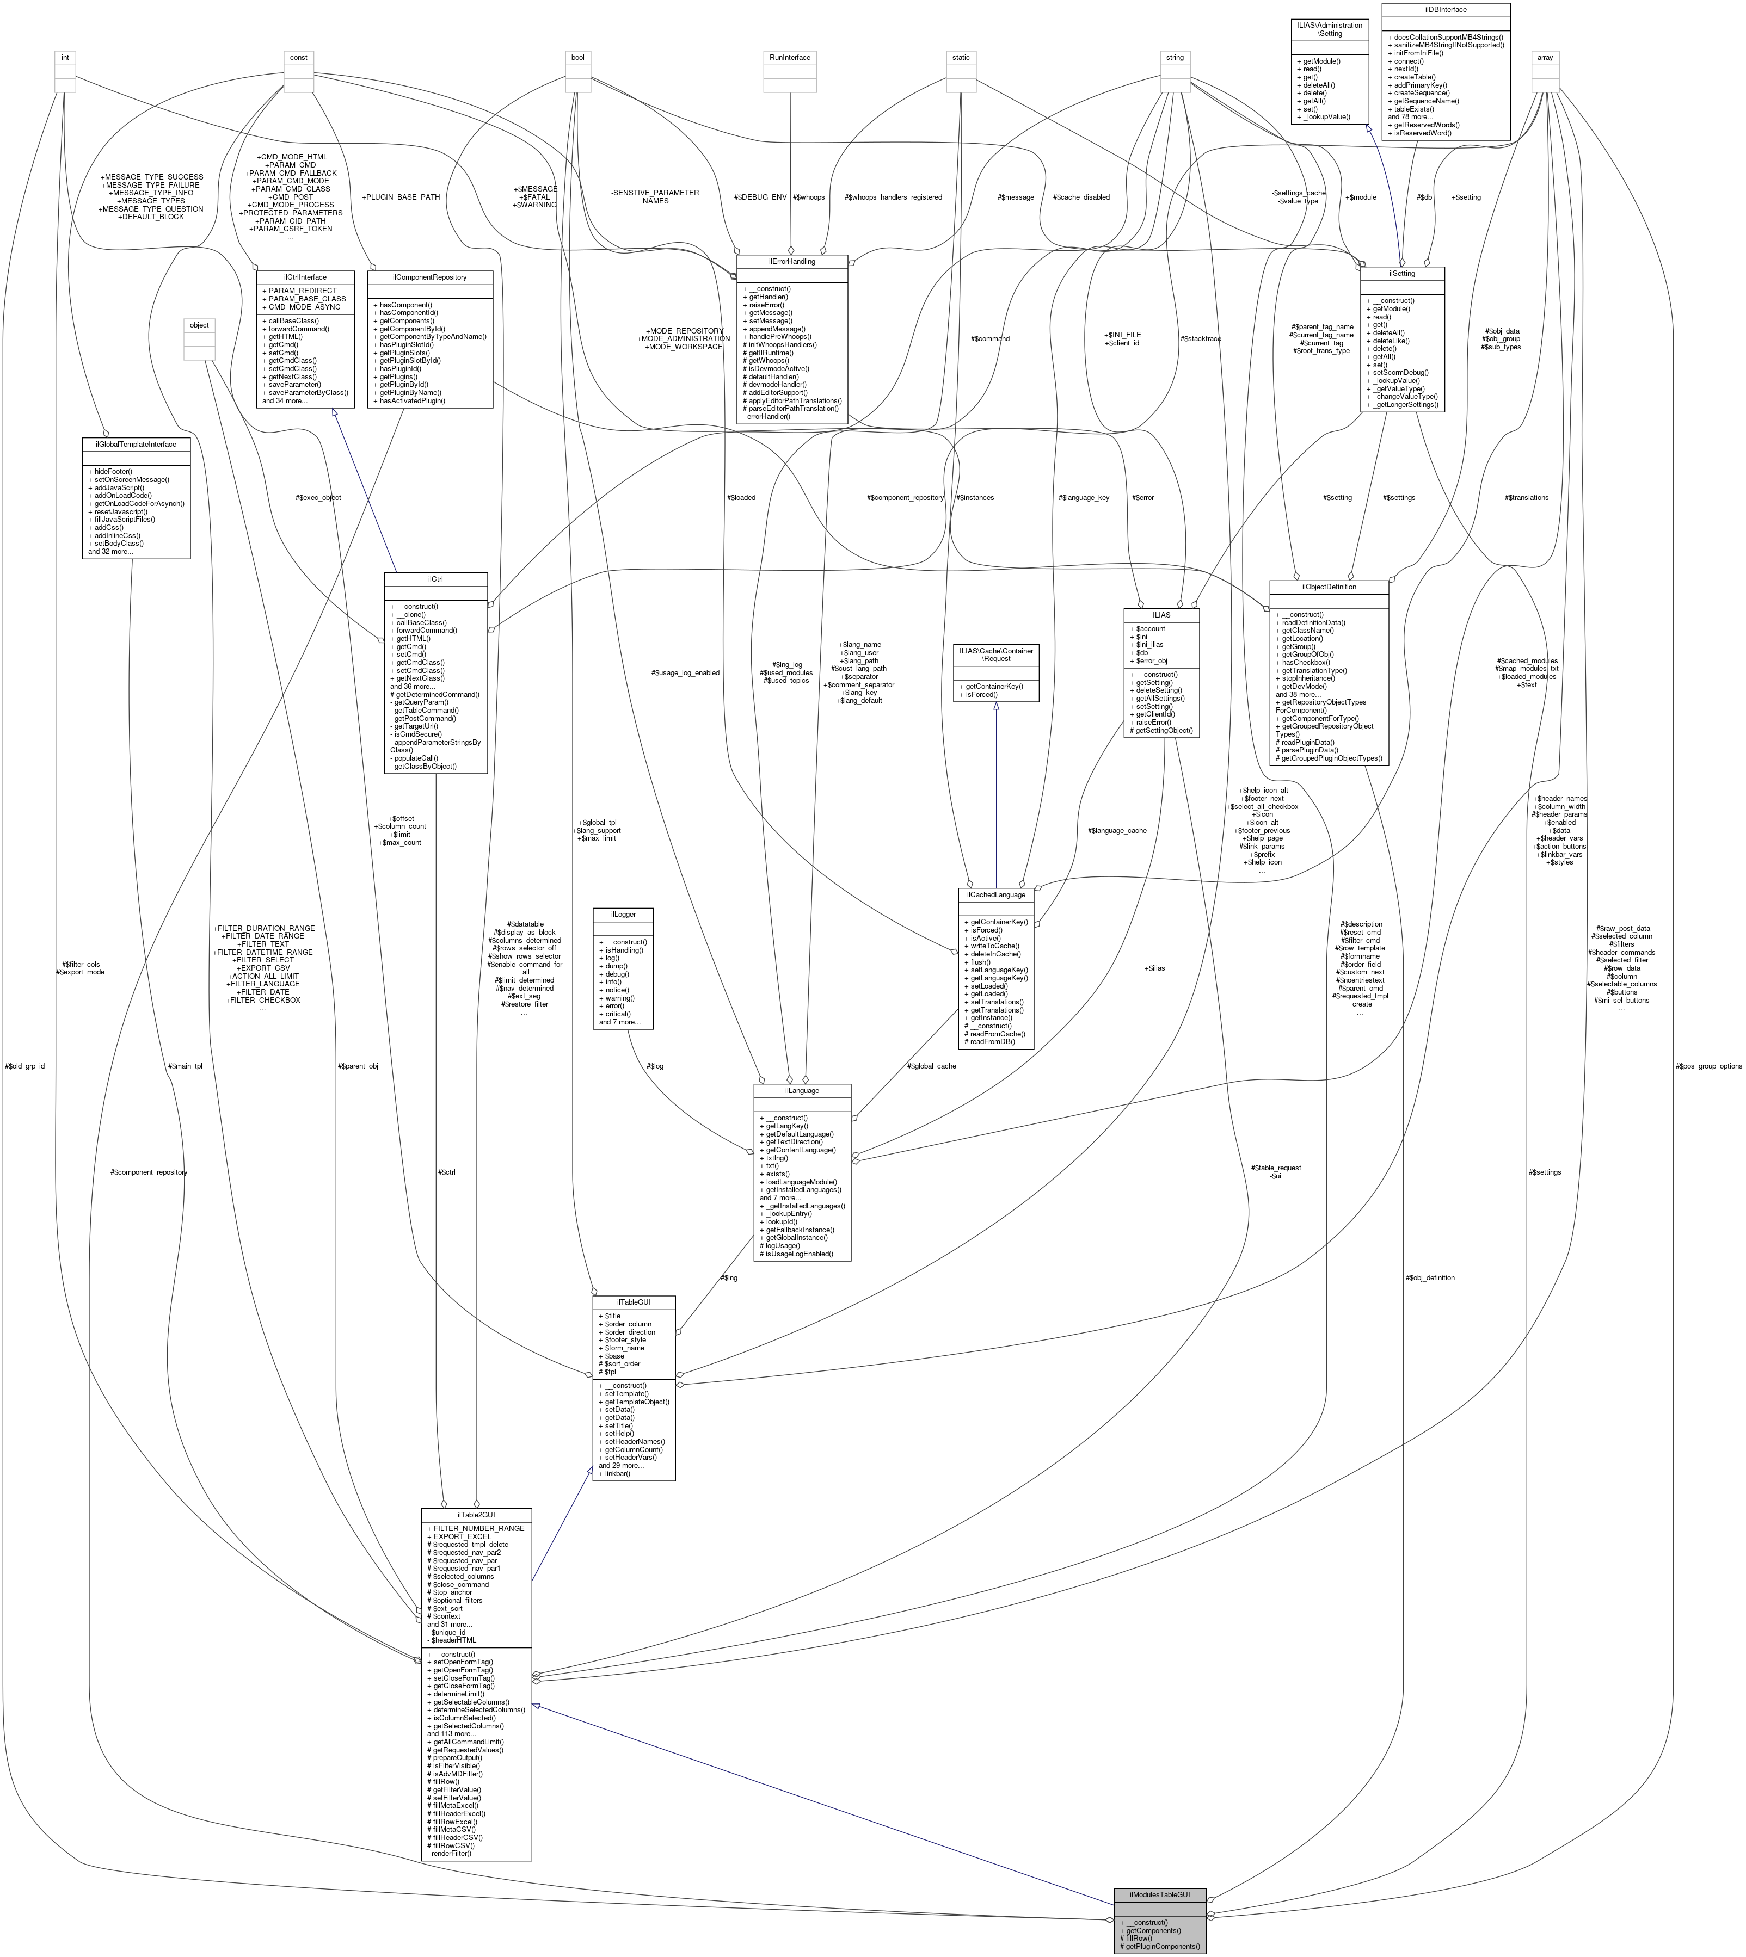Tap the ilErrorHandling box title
(791, 261)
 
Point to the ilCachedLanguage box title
(996, 894)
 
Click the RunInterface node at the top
(790, 58)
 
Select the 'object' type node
(199, 325)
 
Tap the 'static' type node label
(960, 58)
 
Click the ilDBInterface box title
(1445, 10)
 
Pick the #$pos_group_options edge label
(1707, 1065)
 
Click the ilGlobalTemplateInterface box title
(136, 444)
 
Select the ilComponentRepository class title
(430, 277)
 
